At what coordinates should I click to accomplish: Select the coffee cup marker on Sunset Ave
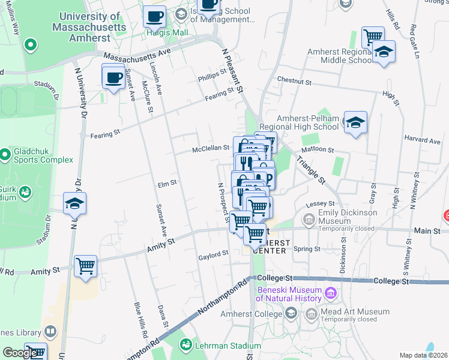coord(113,77)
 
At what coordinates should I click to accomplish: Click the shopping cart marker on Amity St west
coord(86,265)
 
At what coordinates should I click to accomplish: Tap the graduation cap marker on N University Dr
coord(74,205)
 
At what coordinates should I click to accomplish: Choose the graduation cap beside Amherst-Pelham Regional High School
coord(355,124)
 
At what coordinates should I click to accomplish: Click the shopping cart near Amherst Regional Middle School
coord(373,37)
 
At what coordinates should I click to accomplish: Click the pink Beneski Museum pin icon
coord(330,293)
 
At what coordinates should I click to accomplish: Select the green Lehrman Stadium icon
coord(187,345)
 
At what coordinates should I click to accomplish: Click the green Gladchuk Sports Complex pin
coord(5,155)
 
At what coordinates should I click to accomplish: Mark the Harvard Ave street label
coord(423,141)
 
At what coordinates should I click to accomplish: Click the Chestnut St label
coord(294,80)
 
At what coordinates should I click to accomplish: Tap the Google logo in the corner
coord(20,353)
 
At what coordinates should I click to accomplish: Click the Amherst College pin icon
coord(291,313)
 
